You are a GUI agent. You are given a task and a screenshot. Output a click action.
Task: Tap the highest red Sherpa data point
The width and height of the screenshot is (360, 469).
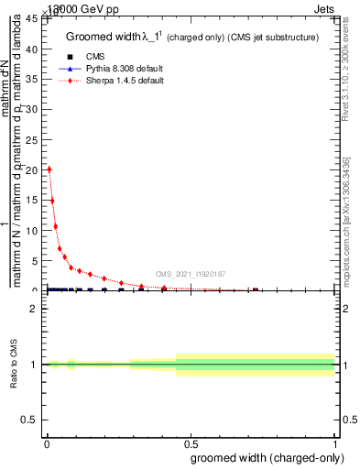[x=49, y=169]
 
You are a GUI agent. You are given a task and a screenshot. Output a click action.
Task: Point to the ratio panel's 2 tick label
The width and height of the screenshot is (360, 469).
[x=34, y=309]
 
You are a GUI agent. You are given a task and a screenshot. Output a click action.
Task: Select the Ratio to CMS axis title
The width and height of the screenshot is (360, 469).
[x=14, y=364]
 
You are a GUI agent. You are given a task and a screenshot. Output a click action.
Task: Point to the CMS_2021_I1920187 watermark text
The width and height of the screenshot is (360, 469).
[x=190, y=273]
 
